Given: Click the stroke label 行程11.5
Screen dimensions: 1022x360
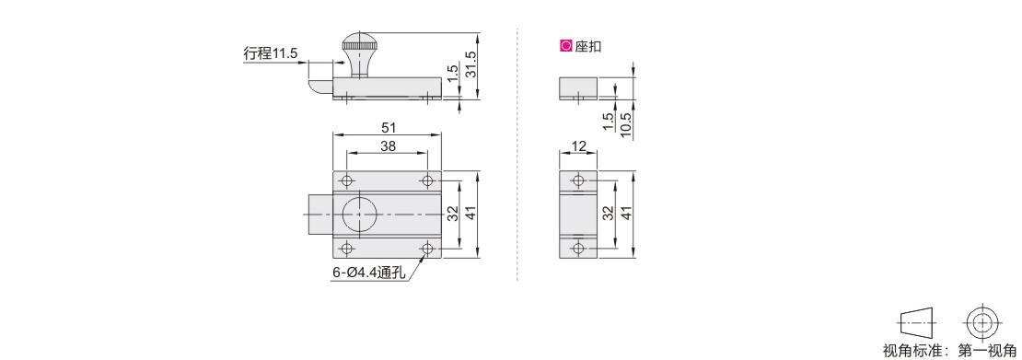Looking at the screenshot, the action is click(x=270, y=54).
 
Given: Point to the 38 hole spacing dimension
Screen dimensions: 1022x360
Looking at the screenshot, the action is click(x=388, y=146).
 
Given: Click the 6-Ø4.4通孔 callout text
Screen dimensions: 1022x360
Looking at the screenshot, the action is click(x=369, y=274).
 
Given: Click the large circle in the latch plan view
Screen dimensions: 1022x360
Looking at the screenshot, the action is click(x=358, y=214).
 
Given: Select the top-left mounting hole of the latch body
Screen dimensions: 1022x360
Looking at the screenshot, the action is click(x=347, y=180).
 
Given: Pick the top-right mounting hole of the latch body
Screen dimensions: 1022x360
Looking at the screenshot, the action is click(x=427, y=180).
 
